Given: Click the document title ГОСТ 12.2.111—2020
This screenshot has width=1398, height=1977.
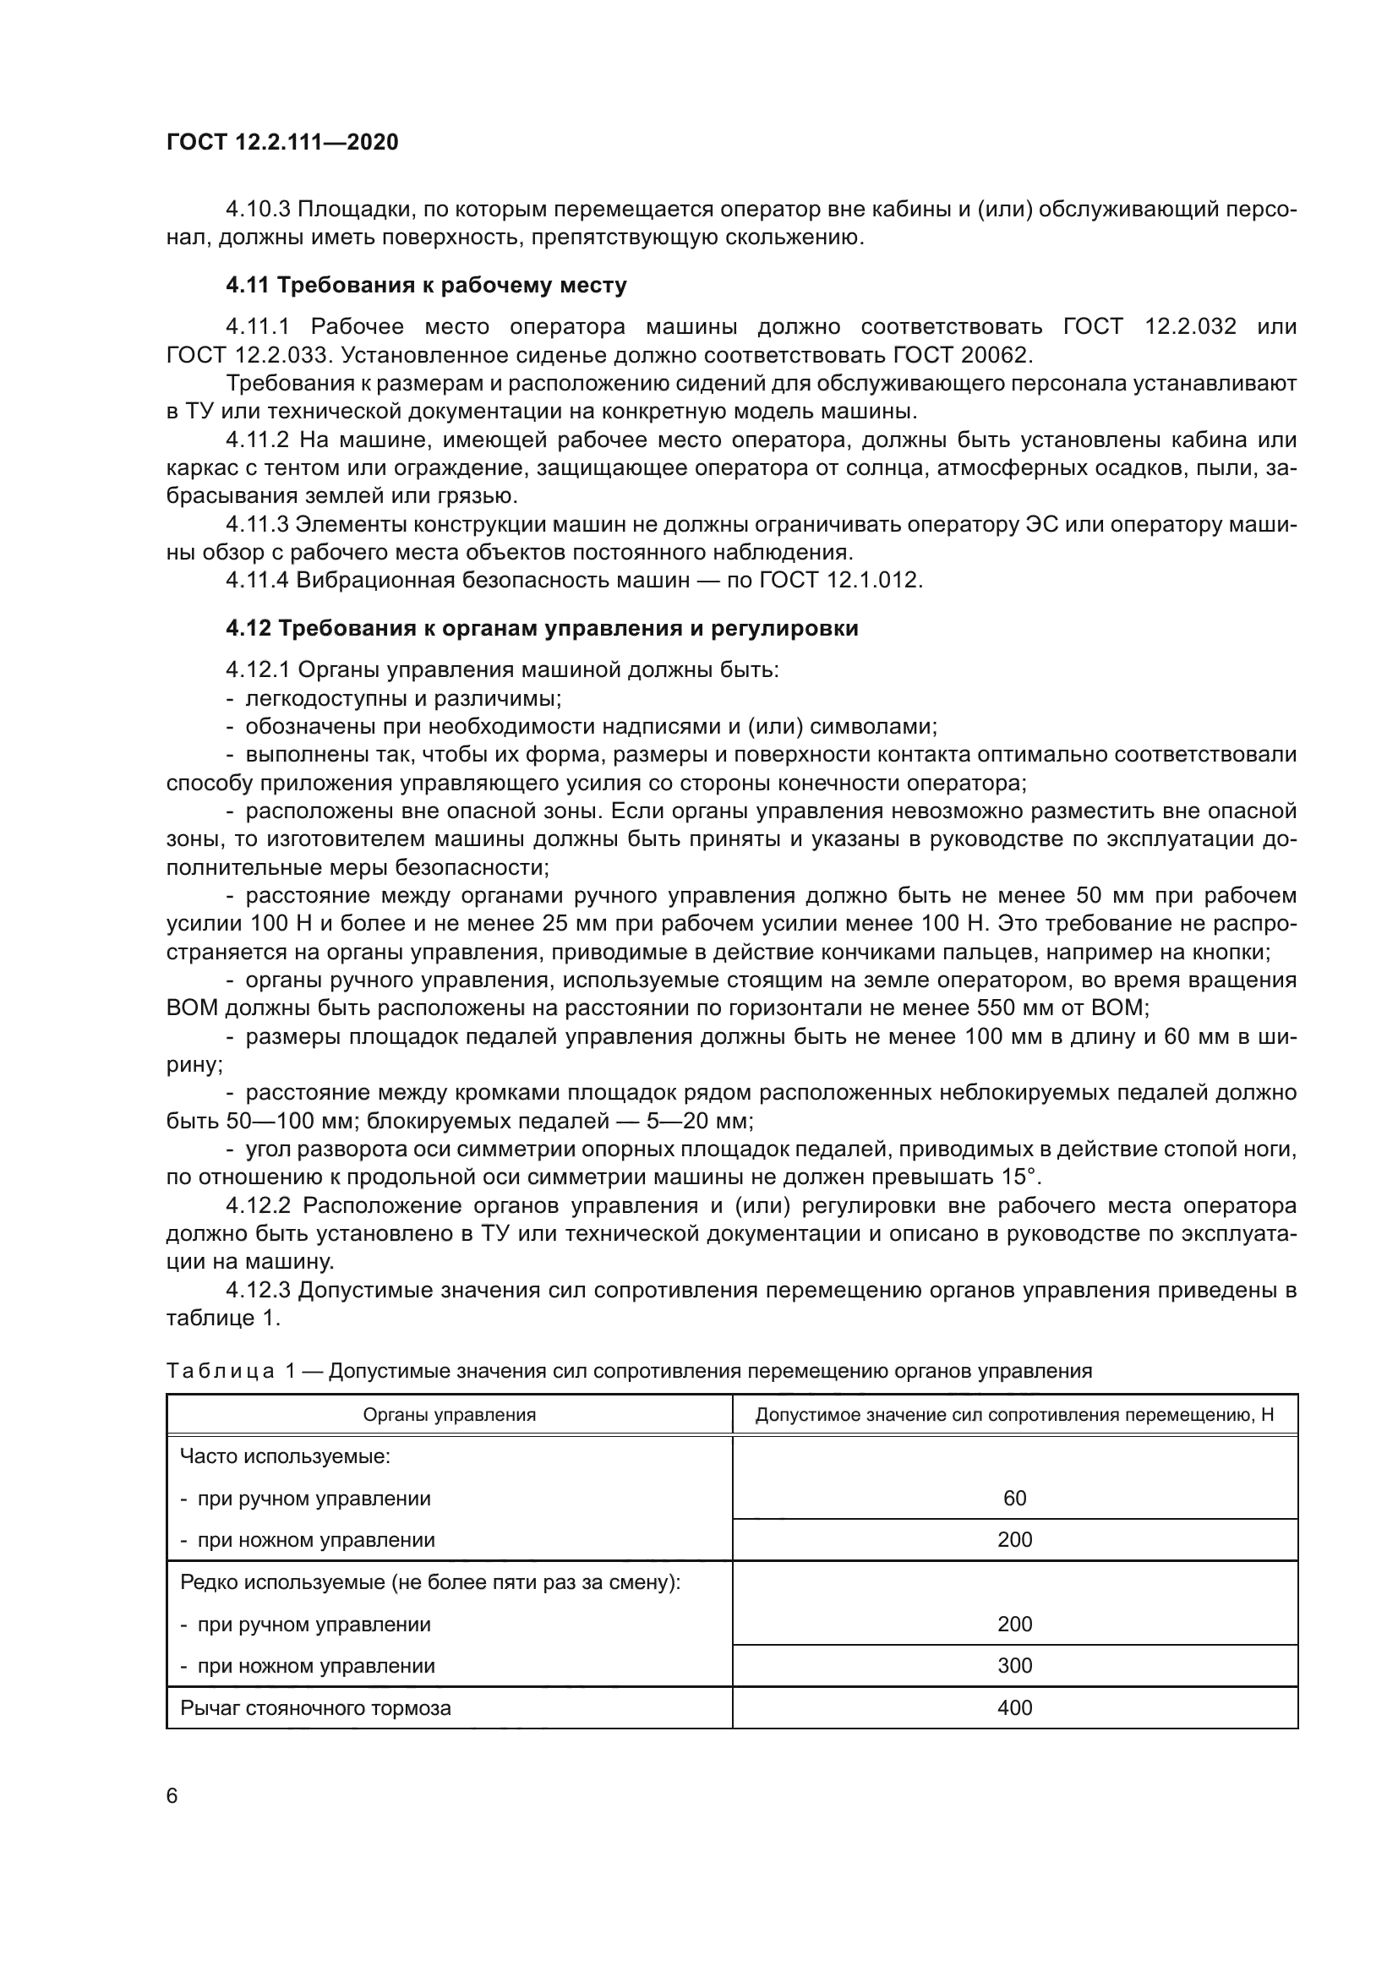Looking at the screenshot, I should click(281, 142).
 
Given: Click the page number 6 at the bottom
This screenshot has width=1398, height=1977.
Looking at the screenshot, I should click(172, 1795).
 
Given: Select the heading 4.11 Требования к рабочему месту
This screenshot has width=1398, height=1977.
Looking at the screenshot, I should click(426, 285).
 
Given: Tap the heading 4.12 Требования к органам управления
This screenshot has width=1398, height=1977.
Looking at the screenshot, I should click(542, 628).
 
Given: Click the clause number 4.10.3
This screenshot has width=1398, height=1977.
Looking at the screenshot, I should click(259, 210).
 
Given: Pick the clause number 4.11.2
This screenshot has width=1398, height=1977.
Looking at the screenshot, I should click(258, 440).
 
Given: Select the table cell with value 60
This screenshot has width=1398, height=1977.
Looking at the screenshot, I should click(1014, 1499).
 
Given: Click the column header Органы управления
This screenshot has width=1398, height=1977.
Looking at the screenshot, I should click(449, 1415).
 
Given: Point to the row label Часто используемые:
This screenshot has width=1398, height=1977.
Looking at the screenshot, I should click(285, 1457).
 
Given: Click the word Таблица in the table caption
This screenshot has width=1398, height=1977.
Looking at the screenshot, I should click(220, 1372).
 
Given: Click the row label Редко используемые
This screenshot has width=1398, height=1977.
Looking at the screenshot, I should click(429, 1582).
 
